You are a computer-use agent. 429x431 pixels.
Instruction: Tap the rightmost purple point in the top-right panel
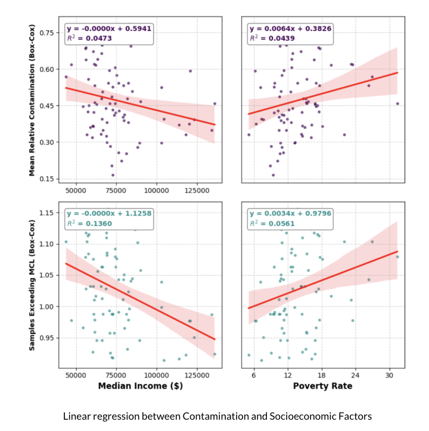tap(397, 104)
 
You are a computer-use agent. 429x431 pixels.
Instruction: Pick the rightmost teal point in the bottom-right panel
tap(397, 257)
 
